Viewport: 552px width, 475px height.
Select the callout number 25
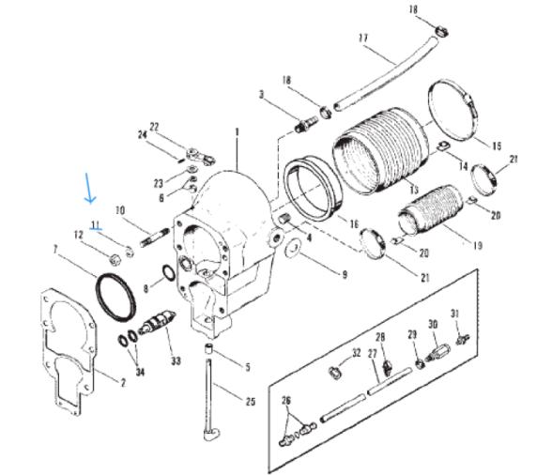tap(251, 402)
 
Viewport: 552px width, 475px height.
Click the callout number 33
tap(175, 360)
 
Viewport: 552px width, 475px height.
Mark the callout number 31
tap(454, 314)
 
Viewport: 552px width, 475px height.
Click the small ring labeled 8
tap(166, 274)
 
